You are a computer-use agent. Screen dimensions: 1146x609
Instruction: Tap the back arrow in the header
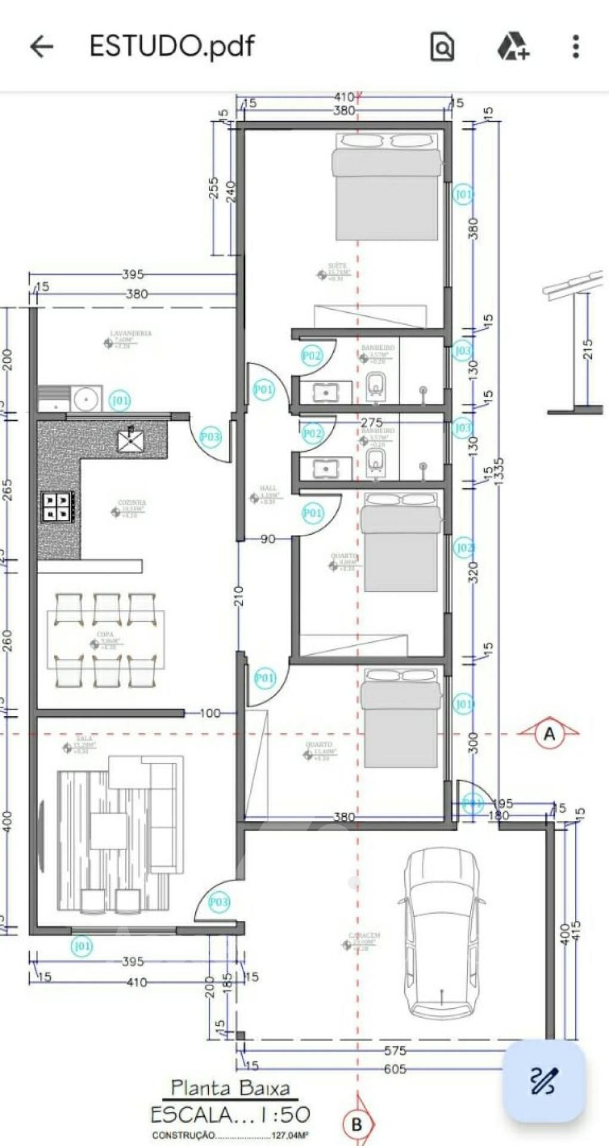coord(42,46)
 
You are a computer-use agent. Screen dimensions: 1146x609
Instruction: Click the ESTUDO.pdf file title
coord(172,46)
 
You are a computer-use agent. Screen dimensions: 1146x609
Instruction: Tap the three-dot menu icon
coord(576,46)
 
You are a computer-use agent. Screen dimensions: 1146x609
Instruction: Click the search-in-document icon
coord(442,47)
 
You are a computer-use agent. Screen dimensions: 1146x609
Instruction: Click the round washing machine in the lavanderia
coord(86,398)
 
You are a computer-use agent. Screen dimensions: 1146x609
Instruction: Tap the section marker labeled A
coord(549,734)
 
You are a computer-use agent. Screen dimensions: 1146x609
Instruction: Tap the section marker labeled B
coord(357,1125)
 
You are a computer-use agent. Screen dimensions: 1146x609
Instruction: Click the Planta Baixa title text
coord(230,1088)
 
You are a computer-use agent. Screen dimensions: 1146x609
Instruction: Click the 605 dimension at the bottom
coord(395,1069)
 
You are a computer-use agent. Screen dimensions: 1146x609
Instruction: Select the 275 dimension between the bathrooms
coord(371,422)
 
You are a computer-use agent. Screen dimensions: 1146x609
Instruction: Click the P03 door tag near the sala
coord(219,901)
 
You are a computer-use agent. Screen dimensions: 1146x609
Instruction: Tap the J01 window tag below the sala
coord(82,946)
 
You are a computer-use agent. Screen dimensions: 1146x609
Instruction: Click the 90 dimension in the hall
coord(267,539)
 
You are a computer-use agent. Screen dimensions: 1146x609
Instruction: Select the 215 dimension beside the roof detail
coord(588,349)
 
